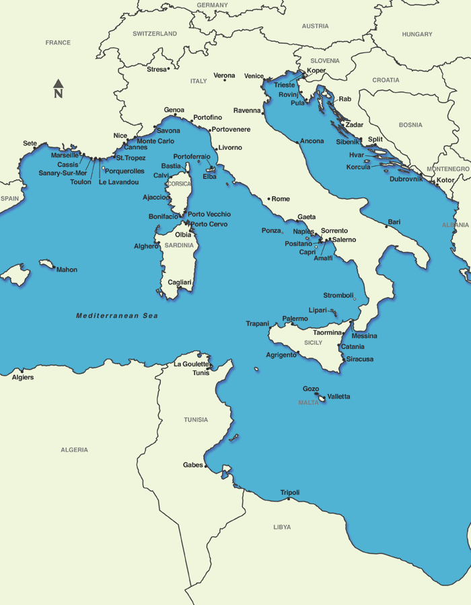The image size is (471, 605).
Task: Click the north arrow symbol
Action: click(59, 88)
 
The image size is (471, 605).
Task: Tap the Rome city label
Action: click(281, 199)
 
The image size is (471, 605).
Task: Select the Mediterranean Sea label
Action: click(117, 315)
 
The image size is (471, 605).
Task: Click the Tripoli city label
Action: click(290, 493)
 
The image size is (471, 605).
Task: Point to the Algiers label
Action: click(23, 377)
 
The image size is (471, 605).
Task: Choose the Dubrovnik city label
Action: click(406, 179)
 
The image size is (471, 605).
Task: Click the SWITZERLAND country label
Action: click(155, 34)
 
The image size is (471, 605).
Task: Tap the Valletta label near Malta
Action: click(338, 397)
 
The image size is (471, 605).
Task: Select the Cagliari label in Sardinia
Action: click(180, 282)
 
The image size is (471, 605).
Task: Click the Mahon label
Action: click(67, 270)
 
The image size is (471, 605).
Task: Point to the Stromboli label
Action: click(338, 295)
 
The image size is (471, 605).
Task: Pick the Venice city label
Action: click(254, 76)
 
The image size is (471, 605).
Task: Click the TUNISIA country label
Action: click(196, 419)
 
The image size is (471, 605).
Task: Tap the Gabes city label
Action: click(192, 465)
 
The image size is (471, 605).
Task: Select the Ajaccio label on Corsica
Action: click(155, 197)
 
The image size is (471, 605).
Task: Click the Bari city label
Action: click(394, 222)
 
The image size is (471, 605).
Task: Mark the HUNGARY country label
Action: click(417, 34)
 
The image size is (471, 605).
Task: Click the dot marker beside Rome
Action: click(268, 199)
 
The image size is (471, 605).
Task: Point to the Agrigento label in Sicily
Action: click(281, 354)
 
